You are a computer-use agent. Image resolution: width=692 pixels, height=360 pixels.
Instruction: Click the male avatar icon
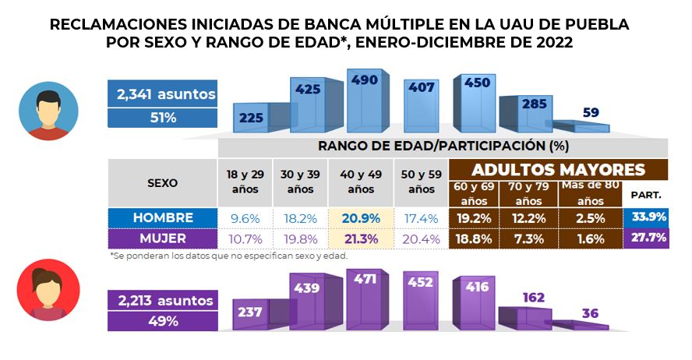(x=49, y=111)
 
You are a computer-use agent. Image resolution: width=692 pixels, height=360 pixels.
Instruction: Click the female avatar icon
(x=49, y=291)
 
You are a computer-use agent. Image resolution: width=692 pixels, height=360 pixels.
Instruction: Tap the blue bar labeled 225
(x=253, y=118)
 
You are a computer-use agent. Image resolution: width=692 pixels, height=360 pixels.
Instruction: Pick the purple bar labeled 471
(x=363, y=300)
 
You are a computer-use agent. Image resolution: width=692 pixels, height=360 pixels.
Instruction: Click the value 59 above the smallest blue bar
(x=591, y=112)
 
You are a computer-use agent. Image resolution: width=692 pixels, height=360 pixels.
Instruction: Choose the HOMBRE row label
(x=162, y=217)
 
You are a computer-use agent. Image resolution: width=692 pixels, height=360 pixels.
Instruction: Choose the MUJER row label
(x=162, y=238)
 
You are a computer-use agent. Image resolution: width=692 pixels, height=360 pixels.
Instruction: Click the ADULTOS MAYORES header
(x=559, y=170)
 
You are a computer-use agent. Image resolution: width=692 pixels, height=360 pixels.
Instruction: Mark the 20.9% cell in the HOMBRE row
(x=361, y=218)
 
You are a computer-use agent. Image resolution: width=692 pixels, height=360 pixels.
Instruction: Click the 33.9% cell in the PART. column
(x=646, y=217)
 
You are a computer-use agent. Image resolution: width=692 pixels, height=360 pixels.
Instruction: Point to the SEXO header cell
(x=162, y=183)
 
